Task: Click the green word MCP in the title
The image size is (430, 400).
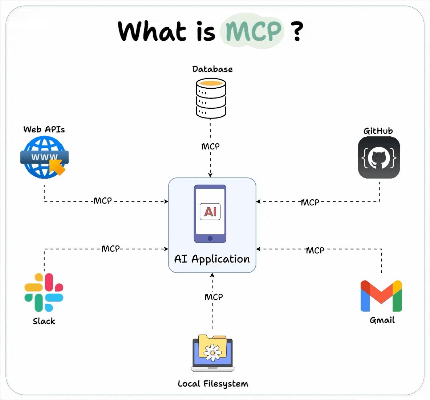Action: pos(253,31)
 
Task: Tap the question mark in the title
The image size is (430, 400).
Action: pos(297,31)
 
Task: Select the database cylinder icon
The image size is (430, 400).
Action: pos(211,99)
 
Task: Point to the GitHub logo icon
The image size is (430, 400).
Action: pos(379,157)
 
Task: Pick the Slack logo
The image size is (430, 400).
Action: pos(44,292)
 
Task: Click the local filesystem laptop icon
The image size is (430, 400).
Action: pos(212,353)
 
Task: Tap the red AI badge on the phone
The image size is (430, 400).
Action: pos(210,211)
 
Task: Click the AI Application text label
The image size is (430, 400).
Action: pos(212,259)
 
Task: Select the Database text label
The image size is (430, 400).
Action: pos(212,69)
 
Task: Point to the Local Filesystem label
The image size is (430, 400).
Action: pos(213,384)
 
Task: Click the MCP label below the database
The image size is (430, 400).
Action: pos(210,146)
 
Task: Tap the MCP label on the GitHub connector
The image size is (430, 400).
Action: pos(310,202)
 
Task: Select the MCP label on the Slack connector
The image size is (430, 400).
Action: pos(110,249)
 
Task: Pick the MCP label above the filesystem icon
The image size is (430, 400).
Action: pos(214,297)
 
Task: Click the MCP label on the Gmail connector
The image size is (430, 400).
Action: pos(315,250)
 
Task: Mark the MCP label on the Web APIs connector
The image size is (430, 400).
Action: pos(103,201)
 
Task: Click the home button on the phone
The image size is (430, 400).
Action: pos(210,238)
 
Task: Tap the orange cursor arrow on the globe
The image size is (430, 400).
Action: pos(57,167)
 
